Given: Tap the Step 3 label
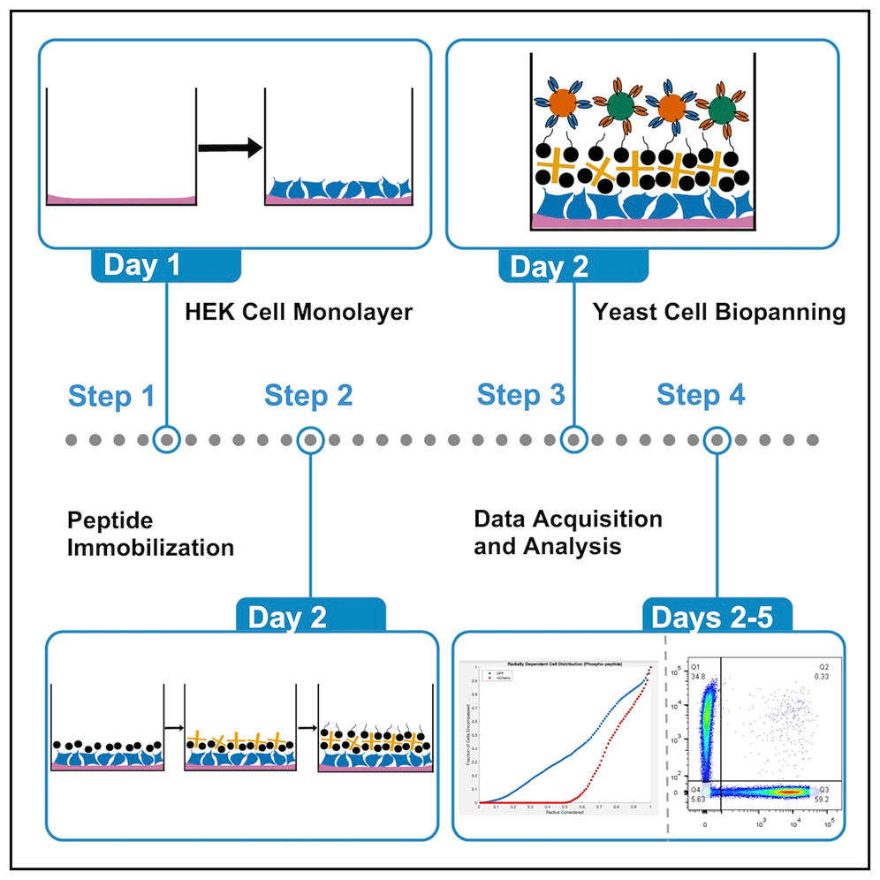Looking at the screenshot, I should point(520,395).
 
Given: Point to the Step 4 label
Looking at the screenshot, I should point(701,395).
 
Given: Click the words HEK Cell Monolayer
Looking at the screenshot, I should point(299,312).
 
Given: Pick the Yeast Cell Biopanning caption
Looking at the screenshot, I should point(718,312).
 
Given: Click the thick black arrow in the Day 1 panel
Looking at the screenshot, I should point(230,148).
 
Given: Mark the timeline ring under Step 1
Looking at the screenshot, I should point(166,439).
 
